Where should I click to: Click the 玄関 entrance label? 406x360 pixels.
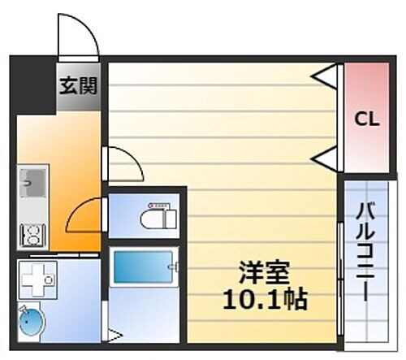point(77,84)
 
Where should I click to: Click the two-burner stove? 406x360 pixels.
point(33,236)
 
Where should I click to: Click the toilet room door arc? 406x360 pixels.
point(85,216)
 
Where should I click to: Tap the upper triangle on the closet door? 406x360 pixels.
point(326,78)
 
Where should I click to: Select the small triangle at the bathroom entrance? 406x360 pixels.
point(116,333)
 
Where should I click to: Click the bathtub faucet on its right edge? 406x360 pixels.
point(172,265)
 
